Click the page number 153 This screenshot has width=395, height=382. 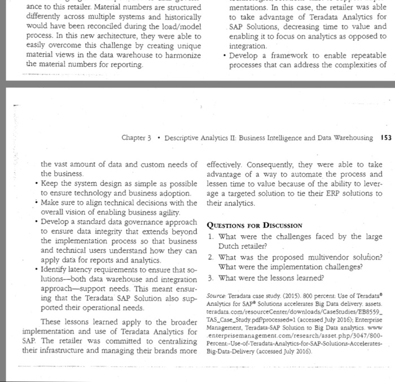[x=386, y=138]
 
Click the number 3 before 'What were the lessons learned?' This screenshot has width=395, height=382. [x=209, y=278]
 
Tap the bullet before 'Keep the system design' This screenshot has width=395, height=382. [x=36, y=184]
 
